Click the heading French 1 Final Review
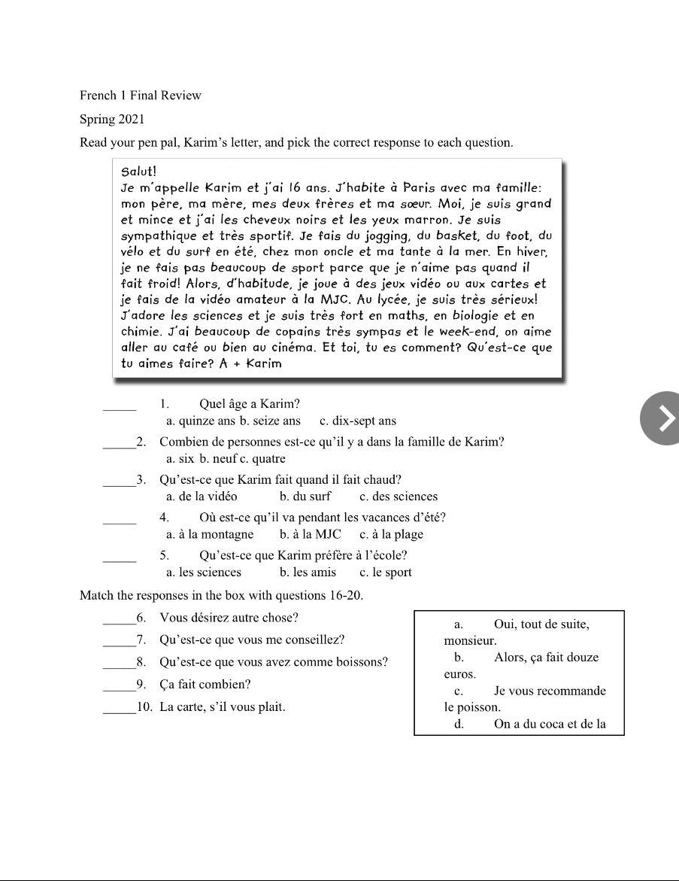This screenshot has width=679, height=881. [x=141, y=96]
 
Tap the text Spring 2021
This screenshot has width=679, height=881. [x=112, y=119]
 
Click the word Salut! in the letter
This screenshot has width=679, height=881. [x=138, y=172]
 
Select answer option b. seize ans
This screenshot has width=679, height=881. [x=270, y=421]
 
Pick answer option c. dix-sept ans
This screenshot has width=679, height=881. [x=358, y=421]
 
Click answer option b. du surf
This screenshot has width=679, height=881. [x=305, y=497]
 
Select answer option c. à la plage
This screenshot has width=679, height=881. [x=391, y=535]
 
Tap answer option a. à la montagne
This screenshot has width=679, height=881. [x=210, y=535]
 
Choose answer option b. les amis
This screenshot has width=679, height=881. [x=308, y=573]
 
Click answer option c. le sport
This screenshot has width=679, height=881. [x=386, y=573]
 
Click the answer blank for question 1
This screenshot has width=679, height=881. [x=120, y=408]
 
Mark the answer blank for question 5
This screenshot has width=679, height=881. [x=120, y=559]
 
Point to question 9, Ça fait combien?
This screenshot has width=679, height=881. [x=205, y=685]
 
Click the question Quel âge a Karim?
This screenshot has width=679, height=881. [x=250, y=404]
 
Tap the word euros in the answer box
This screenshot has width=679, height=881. [x=459, y=674]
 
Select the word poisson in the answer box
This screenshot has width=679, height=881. [x=480, y=707]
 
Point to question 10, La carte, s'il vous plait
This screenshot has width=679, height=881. [x=222, y=707]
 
